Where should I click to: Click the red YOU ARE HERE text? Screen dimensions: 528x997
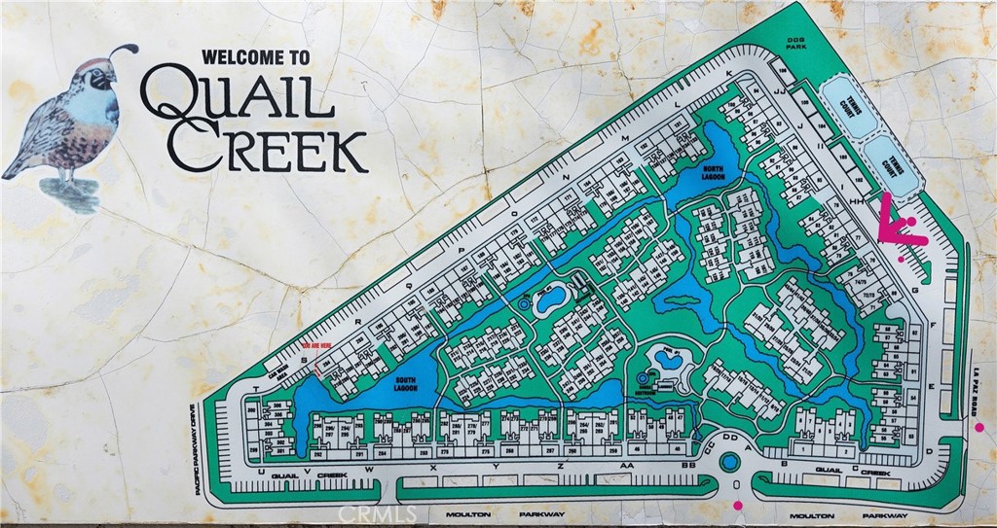[x=323, y=345]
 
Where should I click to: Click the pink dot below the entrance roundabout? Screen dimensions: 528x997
[x=737, y=506]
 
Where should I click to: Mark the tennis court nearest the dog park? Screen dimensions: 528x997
[x=844, y=107]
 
